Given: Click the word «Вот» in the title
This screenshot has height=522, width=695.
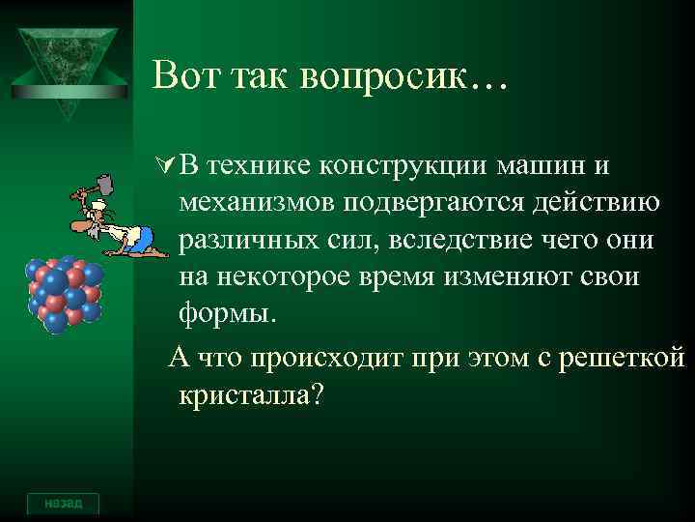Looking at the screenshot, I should tap(188, 75).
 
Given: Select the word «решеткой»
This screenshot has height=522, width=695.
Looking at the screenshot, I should tap(629, 358).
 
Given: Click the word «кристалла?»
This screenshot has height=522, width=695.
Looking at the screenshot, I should tap(249, 395).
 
